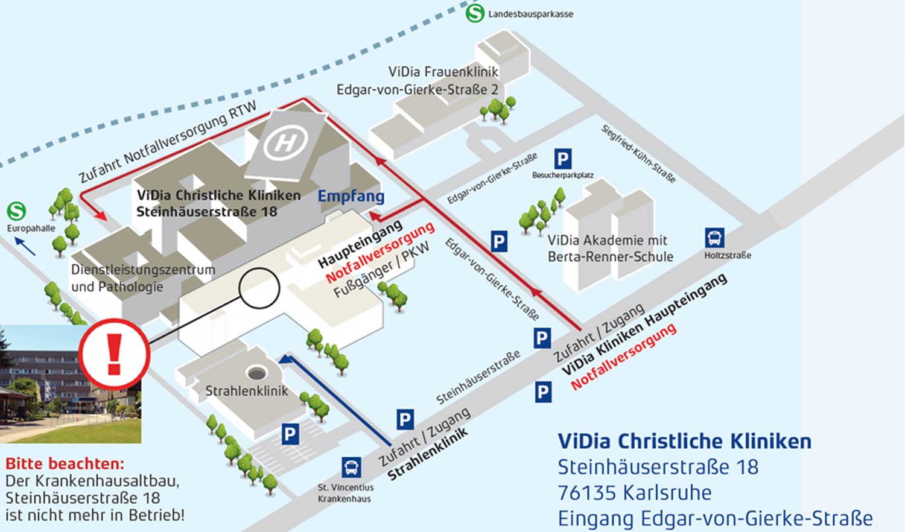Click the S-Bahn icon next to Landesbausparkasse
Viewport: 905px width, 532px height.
point(475,13)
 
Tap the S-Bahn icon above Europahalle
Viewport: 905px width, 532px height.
point(17,211)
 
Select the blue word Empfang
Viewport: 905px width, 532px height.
point(351,197)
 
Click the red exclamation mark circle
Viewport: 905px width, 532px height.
point(115,354)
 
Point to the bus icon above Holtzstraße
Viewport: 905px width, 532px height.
point(714,238)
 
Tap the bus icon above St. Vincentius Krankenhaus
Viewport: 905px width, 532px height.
point(351,467)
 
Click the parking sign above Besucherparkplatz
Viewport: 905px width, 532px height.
point(562,159)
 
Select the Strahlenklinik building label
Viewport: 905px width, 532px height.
point(247,391)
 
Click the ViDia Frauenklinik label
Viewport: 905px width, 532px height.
point(443,72)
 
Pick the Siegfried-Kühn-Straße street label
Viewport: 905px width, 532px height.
point(638,153)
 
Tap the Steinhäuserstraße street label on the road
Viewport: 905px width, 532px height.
point(478,377)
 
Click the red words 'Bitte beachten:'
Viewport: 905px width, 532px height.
point(65,464)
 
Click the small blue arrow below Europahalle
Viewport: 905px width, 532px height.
point(25,246)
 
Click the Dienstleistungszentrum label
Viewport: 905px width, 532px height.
point(143,270)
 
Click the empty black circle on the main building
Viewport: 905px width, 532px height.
point(259,289)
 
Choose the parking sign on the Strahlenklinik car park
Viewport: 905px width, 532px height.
point(290,434)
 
